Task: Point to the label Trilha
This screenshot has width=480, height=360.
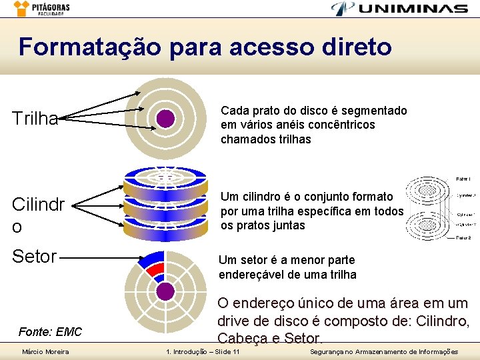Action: pos(35,119)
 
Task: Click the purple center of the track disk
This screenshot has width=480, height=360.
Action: pos(165,119)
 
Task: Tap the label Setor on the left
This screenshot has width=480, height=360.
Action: pos(35,256)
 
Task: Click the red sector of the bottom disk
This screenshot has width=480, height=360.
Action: pos(156,270)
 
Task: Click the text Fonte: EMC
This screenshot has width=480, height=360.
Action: pos(51,331)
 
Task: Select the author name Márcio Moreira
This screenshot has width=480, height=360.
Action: pos(45,351)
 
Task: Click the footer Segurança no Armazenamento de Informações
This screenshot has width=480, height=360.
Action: pos(384,351)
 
